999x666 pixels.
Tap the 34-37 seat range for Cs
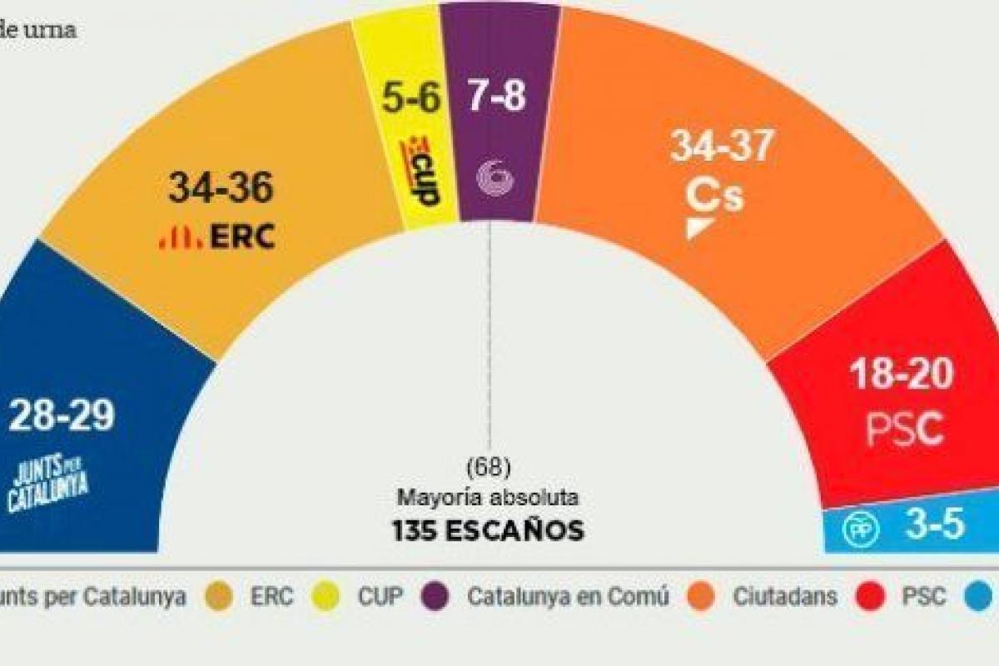tap(722, 148)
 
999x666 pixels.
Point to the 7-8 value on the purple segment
tap(498, 98)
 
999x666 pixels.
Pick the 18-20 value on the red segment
tap(901, 376)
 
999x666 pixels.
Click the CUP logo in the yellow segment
tap(420, 173)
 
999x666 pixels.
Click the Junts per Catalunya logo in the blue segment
tap(48, 485)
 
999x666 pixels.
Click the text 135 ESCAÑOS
tap(488, 530)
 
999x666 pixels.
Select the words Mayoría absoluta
tap(488, 498)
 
